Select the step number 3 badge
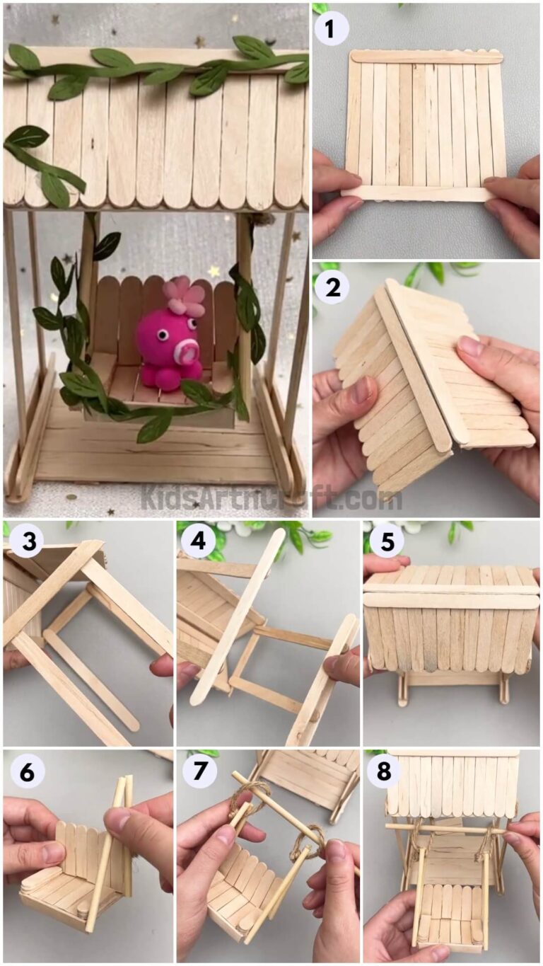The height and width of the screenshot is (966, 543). tap(28, 543)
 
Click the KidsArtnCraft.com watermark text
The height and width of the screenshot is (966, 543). tap(271, 497)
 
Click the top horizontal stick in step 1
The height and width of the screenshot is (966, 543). tap(426, 57)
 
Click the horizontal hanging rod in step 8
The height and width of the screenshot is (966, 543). tap(445, 828)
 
